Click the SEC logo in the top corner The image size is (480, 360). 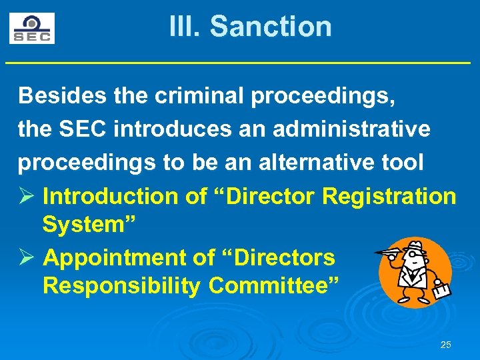coord(32,28)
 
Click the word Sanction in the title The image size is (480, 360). coord(270,27)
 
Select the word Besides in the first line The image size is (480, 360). coord(61,96)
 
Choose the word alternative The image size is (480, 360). coord(312,163)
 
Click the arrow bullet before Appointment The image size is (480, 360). coord(26,257)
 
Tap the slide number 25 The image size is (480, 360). coord(446,345)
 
